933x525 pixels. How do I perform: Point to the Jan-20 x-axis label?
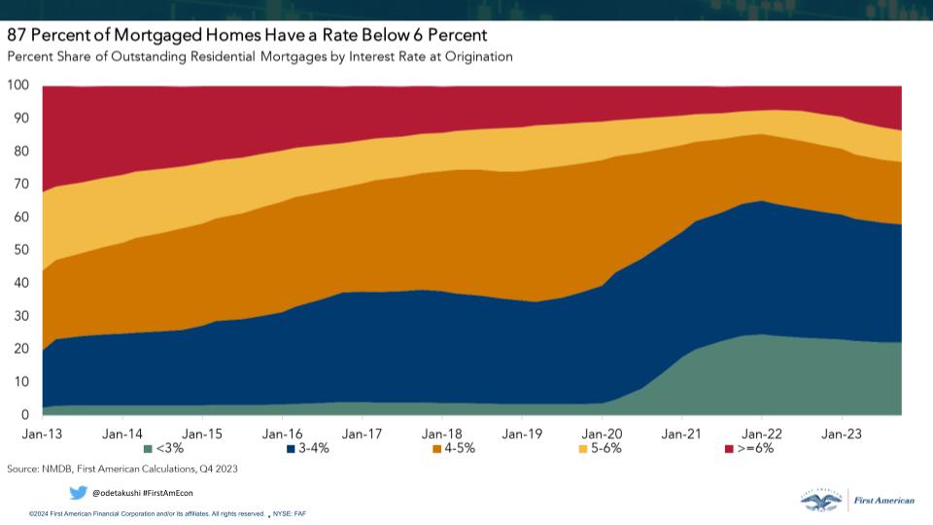(x=602, y=433)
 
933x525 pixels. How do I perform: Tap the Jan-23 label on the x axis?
(x=841, y=433)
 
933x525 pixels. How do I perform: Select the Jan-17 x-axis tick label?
(x=361, y=433)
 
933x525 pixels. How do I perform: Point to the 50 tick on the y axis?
(x=21, y=251)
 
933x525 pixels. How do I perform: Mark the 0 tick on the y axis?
(x=25, y=415)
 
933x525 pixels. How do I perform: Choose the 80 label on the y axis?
(x=21, y=152)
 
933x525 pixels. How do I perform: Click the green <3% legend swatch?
(x=148, y=449)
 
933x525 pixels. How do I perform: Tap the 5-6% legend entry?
(x=600, y=449)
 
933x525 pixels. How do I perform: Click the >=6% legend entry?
(x=748, y=449)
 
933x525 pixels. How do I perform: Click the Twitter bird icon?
(x=78, y=492)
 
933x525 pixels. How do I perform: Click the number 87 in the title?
(x=18, y=35)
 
